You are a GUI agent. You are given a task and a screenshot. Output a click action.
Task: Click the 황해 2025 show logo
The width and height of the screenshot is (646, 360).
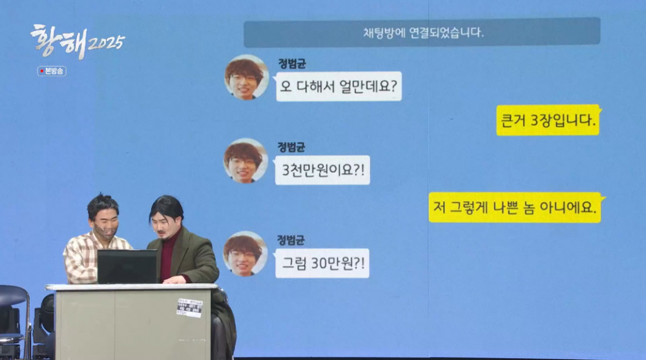(78, 41)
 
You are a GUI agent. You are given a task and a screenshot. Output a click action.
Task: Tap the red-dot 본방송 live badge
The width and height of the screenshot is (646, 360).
(52, 71)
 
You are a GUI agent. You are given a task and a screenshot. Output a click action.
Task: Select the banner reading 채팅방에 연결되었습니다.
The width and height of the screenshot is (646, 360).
(422, 32)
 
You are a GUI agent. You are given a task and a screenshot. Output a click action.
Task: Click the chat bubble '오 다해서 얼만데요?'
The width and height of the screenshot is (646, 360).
(339, 86)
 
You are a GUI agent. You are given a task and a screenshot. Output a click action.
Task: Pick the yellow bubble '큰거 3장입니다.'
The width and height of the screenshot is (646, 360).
(548, 120)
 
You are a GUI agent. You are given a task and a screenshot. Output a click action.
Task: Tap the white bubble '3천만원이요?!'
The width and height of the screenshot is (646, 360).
(322, 170)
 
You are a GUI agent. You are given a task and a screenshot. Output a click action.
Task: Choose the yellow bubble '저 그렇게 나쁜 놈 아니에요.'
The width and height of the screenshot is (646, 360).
(515, 207)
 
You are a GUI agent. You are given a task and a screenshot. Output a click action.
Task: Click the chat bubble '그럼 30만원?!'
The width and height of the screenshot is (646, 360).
(322, 263)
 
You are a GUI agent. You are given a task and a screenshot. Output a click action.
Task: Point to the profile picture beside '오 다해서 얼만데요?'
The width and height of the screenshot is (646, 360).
(246, 77)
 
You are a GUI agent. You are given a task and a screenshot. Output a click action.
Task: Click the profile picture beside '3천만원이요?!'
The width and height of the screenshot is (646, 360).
(245, 160)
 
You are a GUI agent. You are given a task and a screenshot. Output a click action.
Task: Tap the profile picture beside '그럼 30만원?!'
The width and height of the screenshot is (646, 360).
(245, 253)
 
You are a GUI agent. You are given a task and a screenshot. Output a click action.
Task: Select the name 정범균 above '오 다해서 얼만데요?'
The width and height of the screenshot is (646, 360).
(292, 64)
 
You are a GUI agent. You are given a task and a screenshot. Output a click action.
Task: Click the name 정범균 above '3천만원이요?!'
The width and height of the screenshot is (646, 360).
(291, 147)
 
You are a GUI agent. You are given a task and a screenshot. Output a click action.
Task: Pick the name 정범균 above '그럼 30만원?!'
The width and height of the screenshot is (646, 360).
(291, 240)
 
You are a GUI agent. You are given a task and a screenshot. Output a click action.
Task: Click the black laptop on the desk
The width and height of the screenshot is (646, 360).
(127, 266)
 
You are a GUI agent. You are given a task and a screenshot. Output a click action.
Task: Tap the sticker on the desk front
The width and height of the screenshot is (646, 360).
(189, 308)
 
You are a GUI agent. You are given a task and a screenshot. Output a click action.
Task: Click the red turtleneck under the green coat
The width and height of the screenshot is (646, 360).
(168, 255)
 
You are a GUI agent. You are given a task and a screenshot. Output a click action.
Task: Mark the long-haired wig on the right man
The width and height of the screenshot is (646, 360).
(166, 207)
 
